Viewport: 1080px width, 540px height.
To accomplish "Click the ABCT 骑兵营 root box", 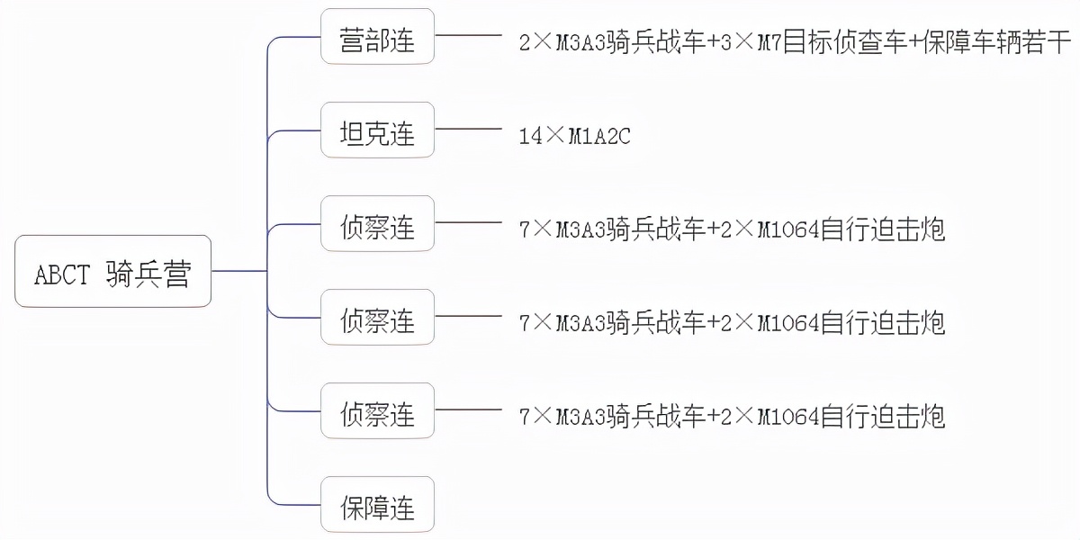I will pos(112,271).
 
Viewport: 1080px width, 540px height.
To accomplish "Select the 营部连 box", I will pos(377,37).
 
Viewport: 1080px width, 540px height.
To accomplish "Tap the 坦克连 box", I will pos(377,130).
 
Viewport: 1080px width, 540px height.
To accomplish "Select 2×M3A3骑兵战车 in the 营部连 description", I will pos(612,42).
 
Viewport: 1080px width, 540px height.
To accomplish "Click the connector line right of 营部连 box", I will pos(468,37).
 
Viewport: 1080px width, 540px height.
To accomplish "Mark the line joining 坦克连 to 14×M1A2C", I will pos(468,130).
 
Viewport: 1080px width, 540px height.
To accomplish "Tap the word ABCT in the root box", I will pos(62,273).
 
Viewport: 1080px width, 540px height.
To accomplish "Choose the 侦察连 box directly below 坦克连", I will pos(377,224).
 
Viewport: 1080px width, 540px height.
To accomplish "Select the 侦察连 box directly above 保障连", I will pos(377,411).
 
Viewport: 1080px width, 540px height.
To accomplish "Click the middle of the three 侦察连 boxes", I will pos(377,318).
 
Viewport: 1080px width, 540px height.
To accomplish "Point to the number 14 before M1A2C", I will pos(530,136).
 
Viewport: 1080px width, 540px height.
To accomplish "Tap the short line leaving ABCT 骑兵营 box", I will pos(238,271).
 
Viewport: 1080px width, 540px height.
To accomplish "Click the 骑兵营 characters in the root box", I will pos(148,273).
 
